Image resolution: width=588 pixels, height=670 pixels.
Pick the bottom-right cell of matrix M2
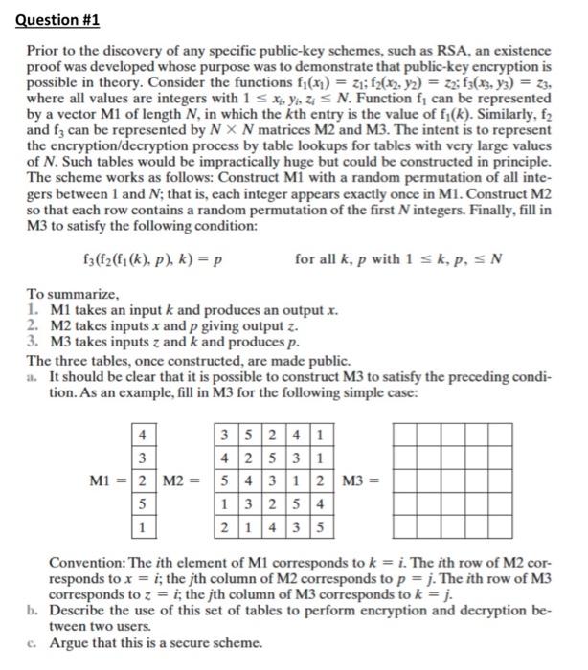[x=318, y=526]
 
